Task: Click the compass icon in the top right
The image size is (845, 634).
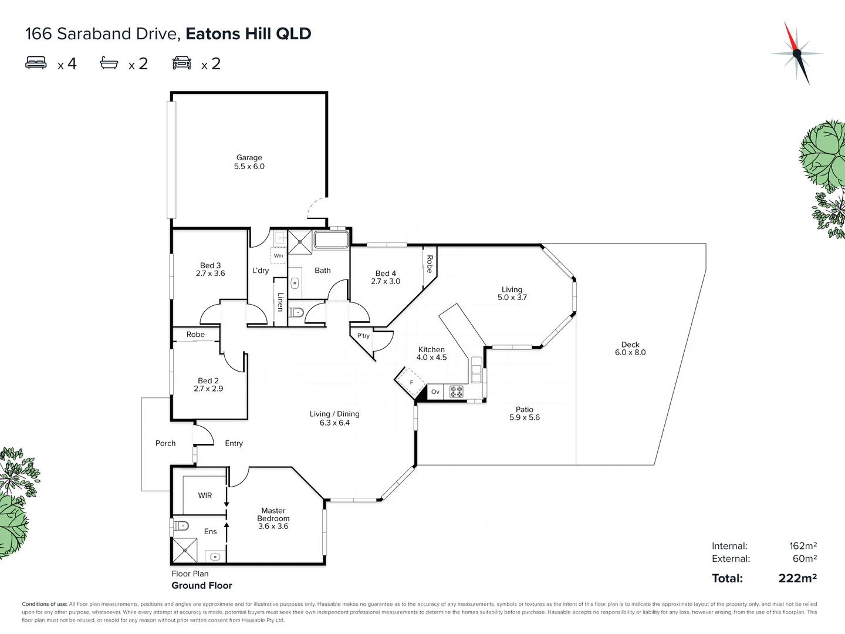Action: click(796, 53)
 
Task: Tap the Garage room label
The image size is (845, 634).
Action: click(249, 157)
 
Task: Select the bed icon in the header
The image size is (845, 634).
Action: click(36, 63)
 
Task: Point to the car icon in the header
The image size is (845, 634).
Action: click(182, 63)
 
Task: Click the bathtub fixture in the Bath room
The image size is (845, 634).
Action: click(331, 240)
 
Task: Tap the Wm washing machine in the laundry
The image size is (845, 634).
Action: click(278, 256)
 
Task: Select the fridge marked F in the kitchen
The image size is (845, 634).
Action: click(410, 383)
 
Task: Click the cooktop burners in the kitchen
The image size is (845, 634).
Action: click(457, 392)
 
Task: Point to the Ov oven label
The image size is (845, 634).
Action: click(435, 392)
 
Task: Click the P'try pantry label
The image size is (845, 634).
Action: click(363, 336)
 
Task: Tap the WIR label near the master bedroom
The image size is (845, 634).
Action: click(205, 495)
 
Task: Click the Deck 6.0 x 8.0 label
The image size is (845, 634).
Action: click(630, 349)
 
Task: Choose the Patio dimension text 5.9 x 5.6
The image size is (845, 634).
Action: click(525, 417)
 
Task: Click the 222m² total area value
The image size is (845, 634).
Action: click(797, 578)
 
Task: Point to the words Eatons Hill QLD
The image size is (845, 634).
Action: click(248, 33)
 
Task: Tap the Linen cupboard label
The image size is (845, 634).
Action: click(280, 302)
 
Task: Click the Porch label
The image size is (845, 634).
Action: click(165, 443)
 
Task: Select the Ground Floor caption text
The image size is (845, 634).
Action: click(202, 585)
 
